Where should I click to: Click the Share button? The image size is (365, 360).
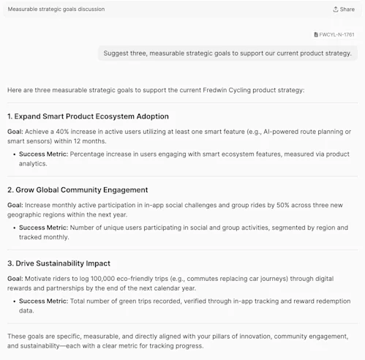pyautogui.click(x=343, y=10)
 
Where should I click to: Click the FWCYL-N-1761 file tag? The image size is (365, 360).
pyautogui.click(x=336, y=34)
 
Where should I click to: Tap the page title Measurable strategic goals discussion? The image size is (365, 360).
pyautogui.click(x=56, y=10)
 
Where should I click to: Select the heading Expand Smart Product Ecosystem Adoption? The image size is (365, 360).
pyautogui.click(x=88, y=116)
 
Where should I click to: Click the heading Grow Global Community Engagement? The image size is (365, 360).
pyautogui.click(x=78, y=190)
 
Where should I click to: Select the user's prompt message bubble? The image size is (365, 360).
pyautogui.click(x=227, y=53)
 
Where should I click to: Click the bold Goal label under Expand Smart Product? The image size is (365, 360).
pyautogui.click(x=15, y=132)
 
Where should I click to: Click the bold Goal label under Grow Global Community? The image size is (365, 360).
pyautogui.click(x=15, y=206)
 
